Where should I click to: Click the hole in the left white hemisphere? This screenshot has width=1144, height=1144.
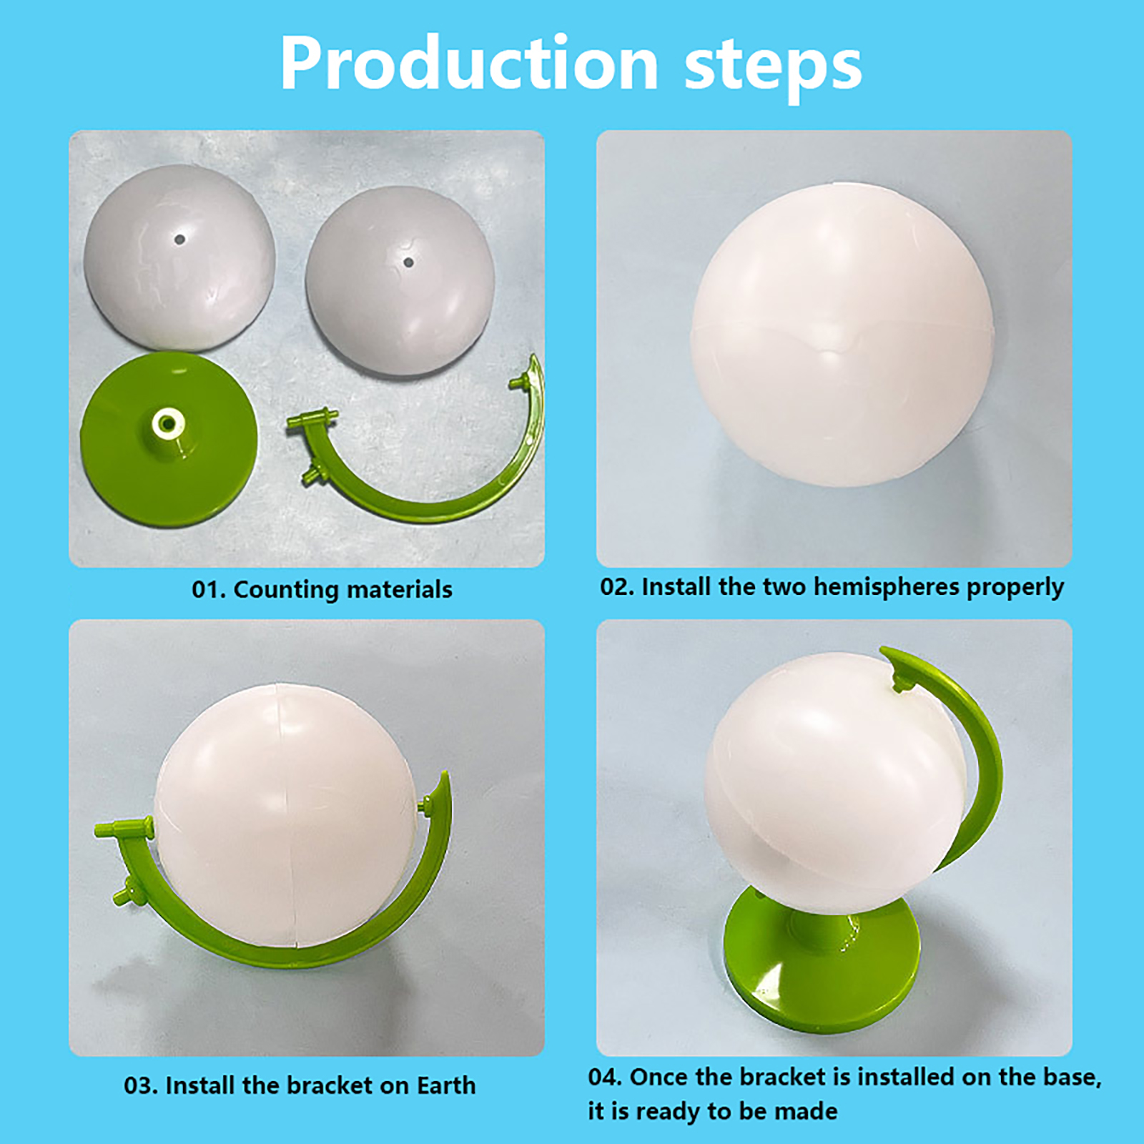(180, 240)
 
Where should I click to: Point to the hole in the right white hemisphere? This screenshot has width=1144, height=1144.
(408, 262)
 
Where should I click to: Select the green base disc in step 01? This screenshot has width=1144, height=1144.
(169, 438)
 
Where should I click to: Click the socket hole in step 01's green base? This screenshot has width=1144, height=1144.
(167, 423)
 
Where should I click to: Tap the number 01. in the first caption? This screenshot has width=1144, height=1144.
(209, 590)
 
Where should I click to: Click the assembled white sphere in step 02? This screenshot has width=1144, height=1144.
(842, 335)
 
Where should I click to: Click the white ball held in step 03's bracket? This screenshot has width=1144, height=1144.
(285, 815)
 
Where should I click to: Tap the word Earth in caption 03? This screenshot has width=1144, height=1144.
(446, 1085)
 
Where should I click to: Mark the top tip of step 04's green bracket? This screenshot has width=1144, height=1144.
(884, 651)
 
